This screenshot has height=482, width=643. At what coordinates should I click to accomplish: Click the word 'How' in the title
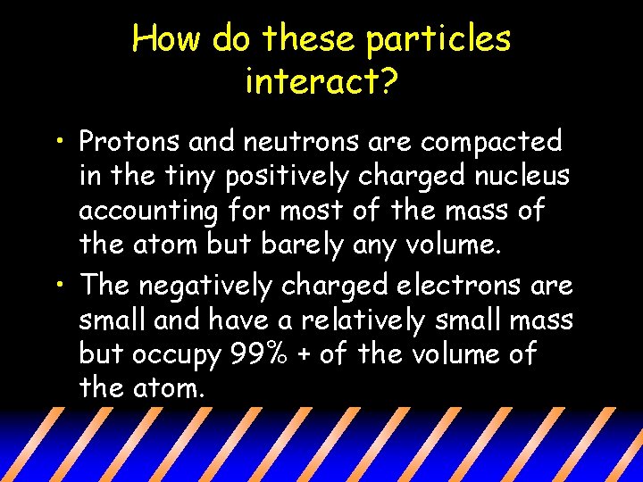click(164, 38)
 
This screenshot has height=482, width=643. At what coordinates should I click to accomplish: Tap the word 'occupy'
click(173, 356)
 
